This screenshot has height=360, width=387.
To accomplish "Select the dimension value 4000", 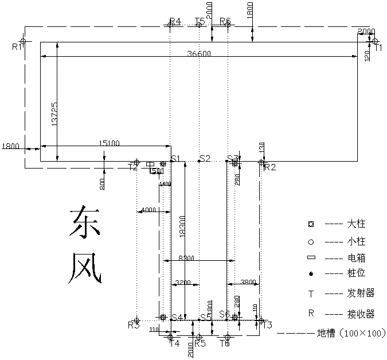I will click(148, 210).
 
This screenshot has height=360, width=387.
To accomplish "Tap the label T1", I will click(378, 49).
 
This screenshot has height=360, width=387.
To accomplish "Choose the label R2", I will click(269, 167).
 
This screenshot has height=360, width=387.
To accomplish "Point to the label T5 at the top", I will click(200, 22).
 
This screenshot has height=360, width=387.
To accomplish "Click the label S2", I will click(205, 158).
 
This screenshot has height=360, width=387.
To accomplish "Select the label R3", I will click(134, 326).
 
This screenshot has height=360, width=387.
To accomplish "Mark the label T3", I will click(267, 325).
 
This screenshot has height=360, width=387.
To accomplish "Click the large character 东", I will click(85, 223).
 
